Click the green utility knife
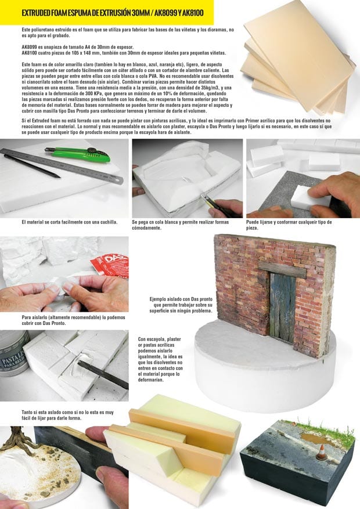pos(78,154)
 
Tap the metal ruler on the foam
pos(62,165)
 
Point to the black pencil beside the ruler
pos(32,166)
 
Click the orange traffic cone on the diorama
pos(322,452)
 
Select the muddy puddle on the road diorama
pos(314,439)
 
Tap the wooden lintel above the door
pos(282,269)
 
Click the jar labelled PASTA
pos(13,353)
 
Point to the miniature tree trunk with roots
pos(16,438)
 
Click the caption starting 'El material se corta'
pos(70,222)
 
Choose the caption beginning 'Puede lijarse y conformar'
pos(289,225)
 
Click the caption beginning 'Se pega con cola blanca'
pos(181,225)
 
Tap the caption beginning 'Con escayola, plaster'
pos(160,359)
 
